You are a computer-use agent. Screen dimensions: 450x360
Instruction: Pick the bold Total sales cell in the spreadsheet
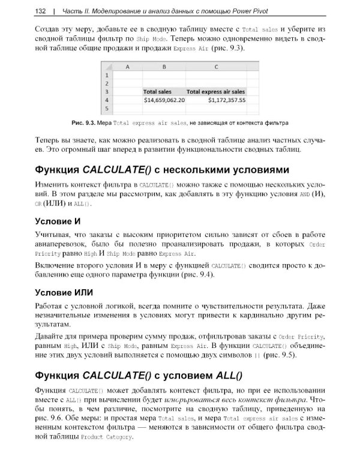157,92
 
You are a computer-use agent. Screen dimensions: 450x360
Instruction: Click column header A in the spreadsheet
127,67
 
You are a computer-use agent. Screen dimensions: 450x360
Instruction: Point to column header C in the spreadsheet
216,67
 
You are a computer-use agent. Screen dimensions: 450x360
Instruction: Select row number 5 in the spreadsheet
107,109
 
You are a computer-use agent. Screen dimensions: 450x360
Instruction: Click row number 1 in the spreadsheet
107,76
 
